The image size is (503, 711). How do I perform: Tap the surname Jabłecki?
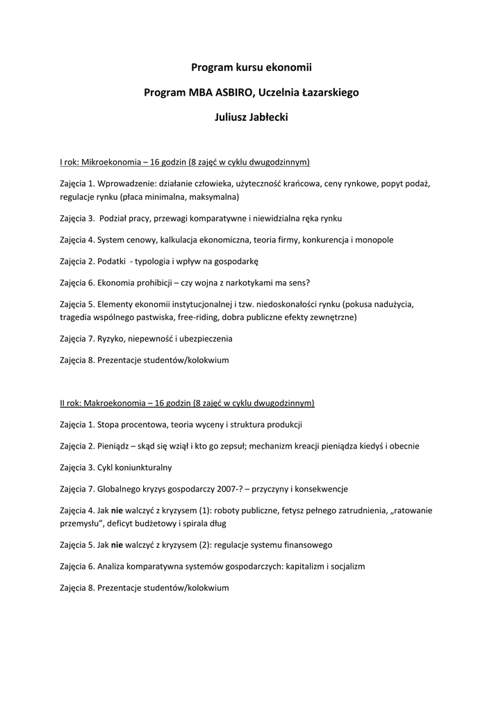coord(267,117)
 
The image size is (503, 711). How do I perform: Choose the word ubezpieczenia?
coord(206,339)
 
